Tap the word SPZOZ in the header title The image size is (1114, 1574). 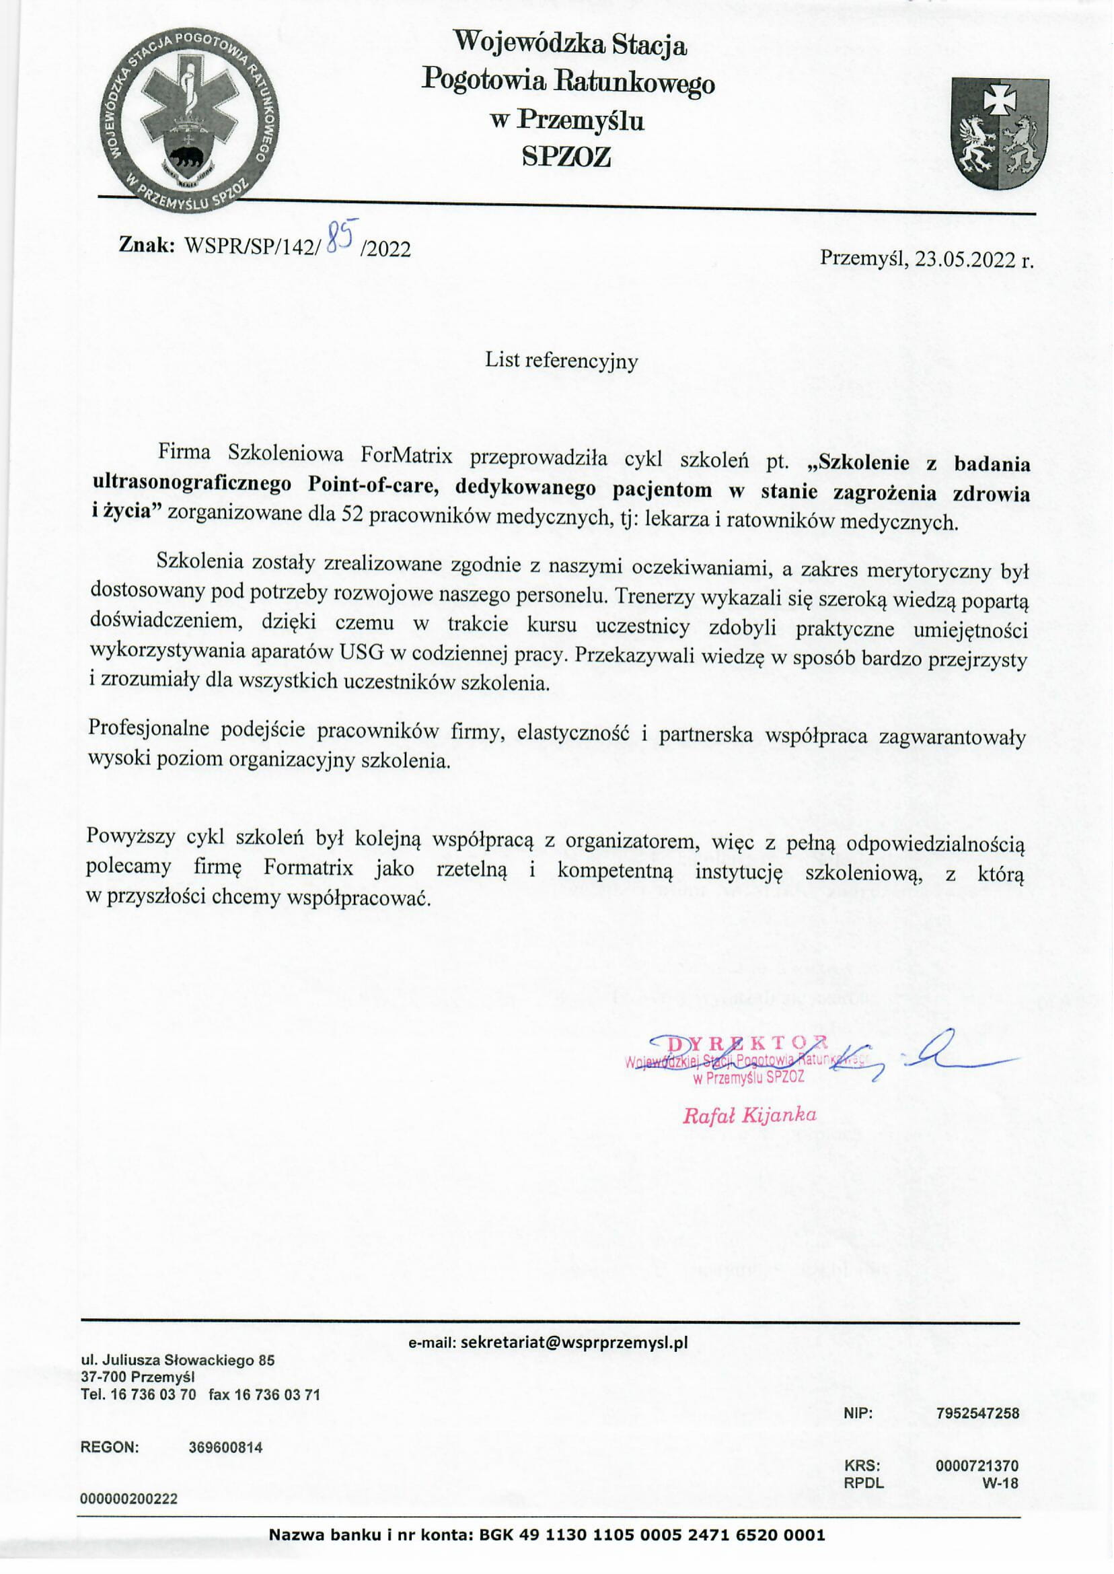click(x=566, y=158)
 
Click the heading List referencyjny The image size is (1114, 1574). click(x=561, y=360)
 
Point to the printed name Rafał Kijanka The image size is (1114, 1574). click(x=749, y=1115)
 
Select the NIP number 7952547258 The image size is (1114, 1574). click(x=977, y=1412)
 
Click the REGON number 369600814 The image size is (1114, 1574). click(x=225, y=1447)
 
